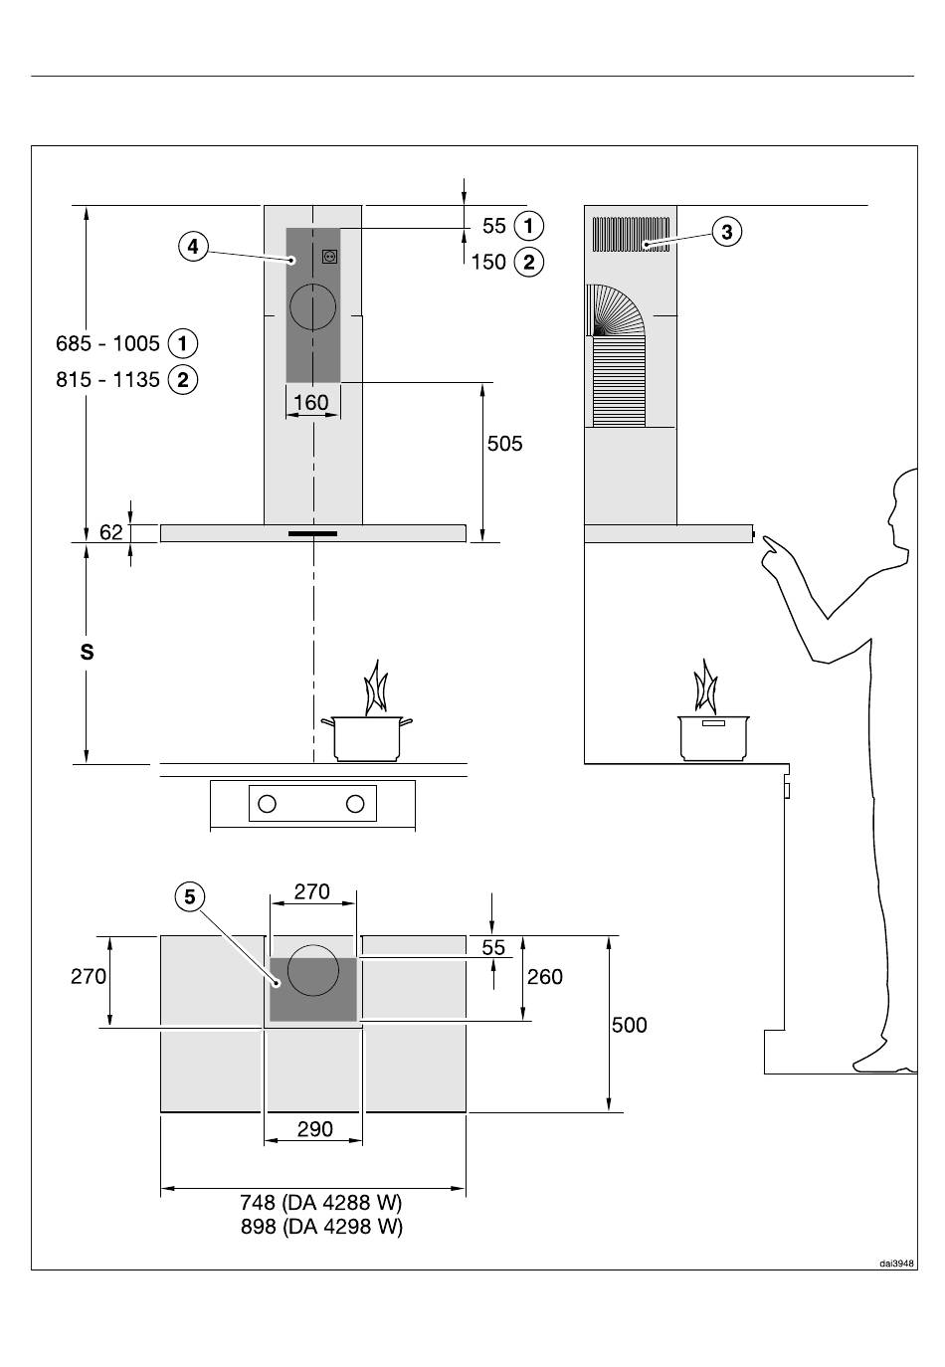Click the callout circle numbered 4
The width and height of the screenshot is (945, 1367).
point(193,247)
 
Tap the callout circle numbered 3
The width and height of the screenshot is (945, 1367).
point(726,232)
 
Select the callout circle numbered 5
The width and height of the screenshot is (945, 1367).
point(190,897)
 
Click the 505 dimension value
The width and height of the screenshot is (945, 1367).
point(504,444)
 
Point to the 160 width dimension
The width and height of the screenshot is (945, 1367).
point(311,403)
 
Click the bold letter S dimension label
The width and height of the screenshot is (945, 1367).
point(88,653)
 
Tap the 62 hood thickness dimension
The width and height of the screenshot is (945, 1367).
point(111,532)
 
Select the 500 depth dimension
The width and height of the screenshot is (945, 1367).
point(629,1025)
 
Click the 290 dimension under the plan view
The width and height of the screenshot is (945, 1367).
point(314,1129)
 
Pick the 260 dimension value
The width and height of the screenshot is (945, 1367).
point(545,977)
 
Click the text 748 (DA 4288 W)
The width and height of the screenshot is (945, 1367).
point(321,1202)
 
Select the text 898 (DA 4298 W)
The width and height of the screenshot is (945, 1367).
point(321,1226)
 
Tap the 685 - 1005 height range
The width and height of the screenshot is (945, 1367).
point(107,343)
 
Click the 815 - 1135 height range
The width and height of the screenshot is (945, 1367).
point(107,380)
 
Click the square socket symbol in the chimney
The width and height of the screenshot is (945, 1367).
point(330,257)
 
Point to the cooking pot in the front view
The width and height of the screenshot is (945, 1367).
point(367,738)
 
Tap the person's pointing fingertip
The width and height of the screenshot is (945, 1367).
point(763,537)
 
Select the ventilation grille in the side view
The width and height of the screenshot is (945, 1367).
point(631,235)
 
